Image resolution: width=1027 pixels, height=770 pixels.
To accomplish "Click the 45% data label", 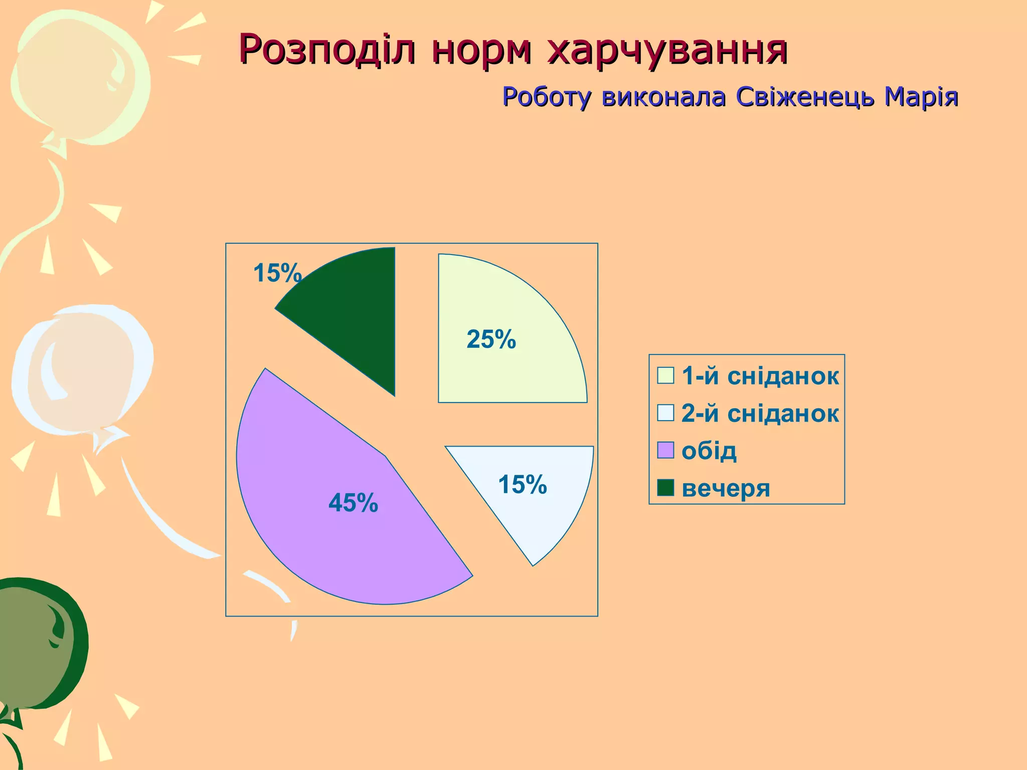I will click(x=353, y=503).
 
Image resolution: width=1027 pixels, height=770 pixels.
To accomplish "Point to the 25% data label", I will click(x=491, y=339).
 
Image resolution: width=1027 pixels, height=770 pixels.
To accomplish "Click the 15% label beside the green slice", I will click(x=277, y=274).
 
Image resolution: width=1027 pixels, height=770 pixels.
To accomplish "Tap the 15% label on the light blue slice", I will click(x=522, y=485).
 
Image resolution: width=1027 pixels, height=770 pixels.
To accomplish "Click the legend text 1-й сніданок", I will click(x=760, y=376).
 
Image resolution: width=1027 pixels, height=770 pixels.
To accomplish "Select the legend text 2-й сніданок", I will click(x=760, y=414).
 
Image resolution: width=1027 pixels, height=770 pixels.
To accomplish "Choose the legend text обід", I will click(x=709, y=451).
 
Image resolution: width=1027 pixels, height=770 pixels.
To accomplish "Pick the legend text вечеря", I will click(x=726, y=488).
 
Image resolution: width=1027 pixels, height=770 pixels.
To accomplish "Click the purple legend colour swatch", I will click(x=665, y=450).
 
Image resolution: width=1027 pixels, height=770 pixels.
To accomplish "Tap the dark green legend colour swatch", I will click(x=665, y=487).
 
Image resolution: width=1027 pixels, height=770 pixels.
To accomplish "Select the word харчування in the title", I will click(x=667, y=50).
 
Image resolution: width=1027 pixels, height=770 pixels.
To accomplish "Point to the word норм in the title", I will click(x=481, y=50).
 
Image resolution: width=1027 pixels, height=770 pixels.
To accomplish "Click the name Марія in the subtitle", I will click(x=921, y=97).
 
